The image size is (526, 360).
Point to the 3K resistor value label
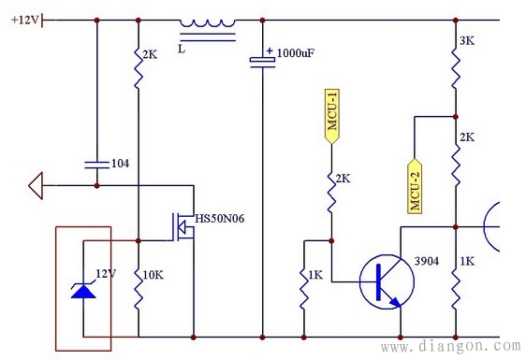click(467, 42)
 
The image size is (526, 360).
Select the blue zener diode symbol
click(83, 287)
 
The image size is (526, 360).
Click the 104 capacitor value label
click(120, 164)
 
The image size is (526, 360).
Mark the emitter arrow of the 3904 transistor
click(396, 300)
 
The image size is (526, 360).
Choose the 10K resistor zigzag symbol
click(138, 287)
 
